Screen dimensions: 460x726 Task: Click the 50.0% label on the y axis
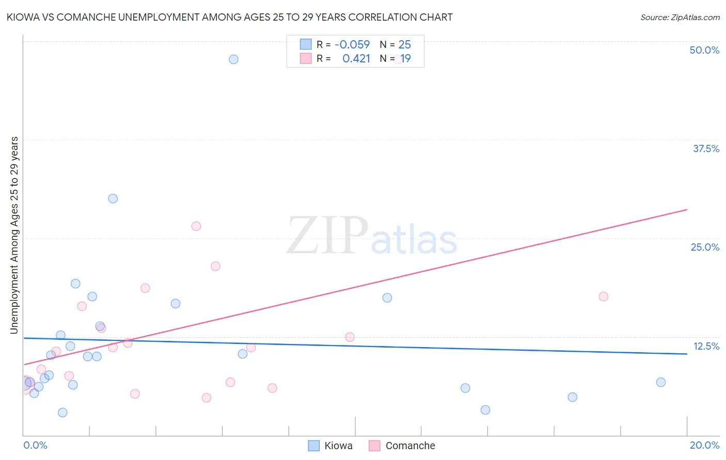pos(704,50)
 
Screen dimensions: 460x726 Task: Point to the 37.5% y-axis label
pos(706,149)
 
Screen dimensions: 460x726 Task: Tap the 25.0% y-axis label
pos(705,247)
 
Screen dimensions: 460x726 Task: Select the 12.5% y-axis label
pos(706,346)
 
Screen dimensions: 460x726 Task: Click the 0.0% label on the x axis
pos(35,445)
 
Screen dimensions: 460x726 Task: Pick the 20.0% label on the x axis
pos(704,445)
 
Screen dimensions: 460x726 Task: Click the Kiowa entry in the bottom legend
pos(330,446)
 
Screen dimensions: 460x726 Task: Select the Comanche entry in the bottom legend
pos(402,446)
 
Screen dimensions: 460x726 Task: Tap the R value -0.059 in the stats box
pos(352,45)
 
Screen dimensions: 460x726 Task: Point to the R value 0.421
pos(356,59)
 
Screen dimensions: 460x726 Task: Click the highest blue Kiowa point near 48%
pos(233,59)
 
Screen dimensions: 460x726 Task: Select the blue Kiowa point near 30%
pos(113,199)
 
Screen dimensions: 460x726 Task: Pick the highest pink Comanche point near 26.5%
pos(196,226)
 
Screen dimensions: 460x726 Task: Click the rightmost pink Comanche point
pos(603,297)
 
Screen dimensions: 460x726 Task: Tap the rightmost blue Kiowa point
pos(661,382)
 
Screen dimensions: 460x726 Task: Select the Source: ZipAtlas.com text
pos(680,18)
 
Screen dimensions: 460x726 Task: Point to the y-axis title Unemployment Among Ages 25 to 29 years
pos(14,235)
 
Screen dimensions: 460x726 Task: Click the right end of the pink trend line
pos(687,210)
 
